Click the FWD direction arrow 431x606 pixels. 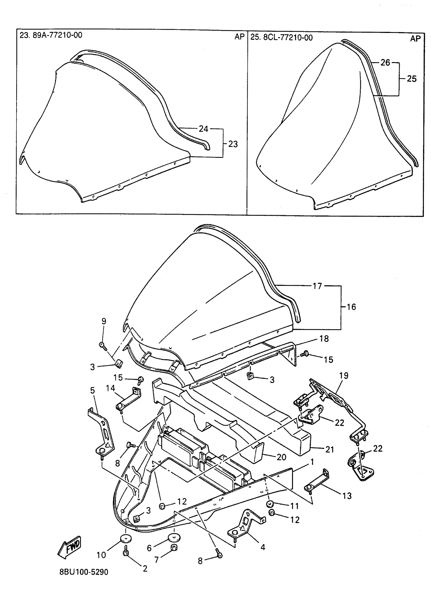[69, 547]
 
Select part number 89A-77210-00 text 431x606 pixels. [57, 35]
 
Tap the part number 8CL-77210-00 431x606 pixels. [288, 38]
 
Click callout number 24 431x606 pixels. [203, 129]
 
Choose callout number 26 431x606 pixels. [385, 63]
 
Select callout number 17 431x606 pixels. [317, 286]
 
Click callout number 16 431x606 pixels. [351, 307]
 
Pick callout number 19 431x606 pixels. [344, 376]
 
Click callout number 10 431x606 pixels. [101, 555]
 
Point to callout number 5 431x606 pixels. [92, 390]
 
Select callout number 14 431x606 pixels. [110, 388]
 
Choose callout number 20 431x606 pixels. [281, 457]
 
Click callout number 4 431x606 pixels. [263, 547]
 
